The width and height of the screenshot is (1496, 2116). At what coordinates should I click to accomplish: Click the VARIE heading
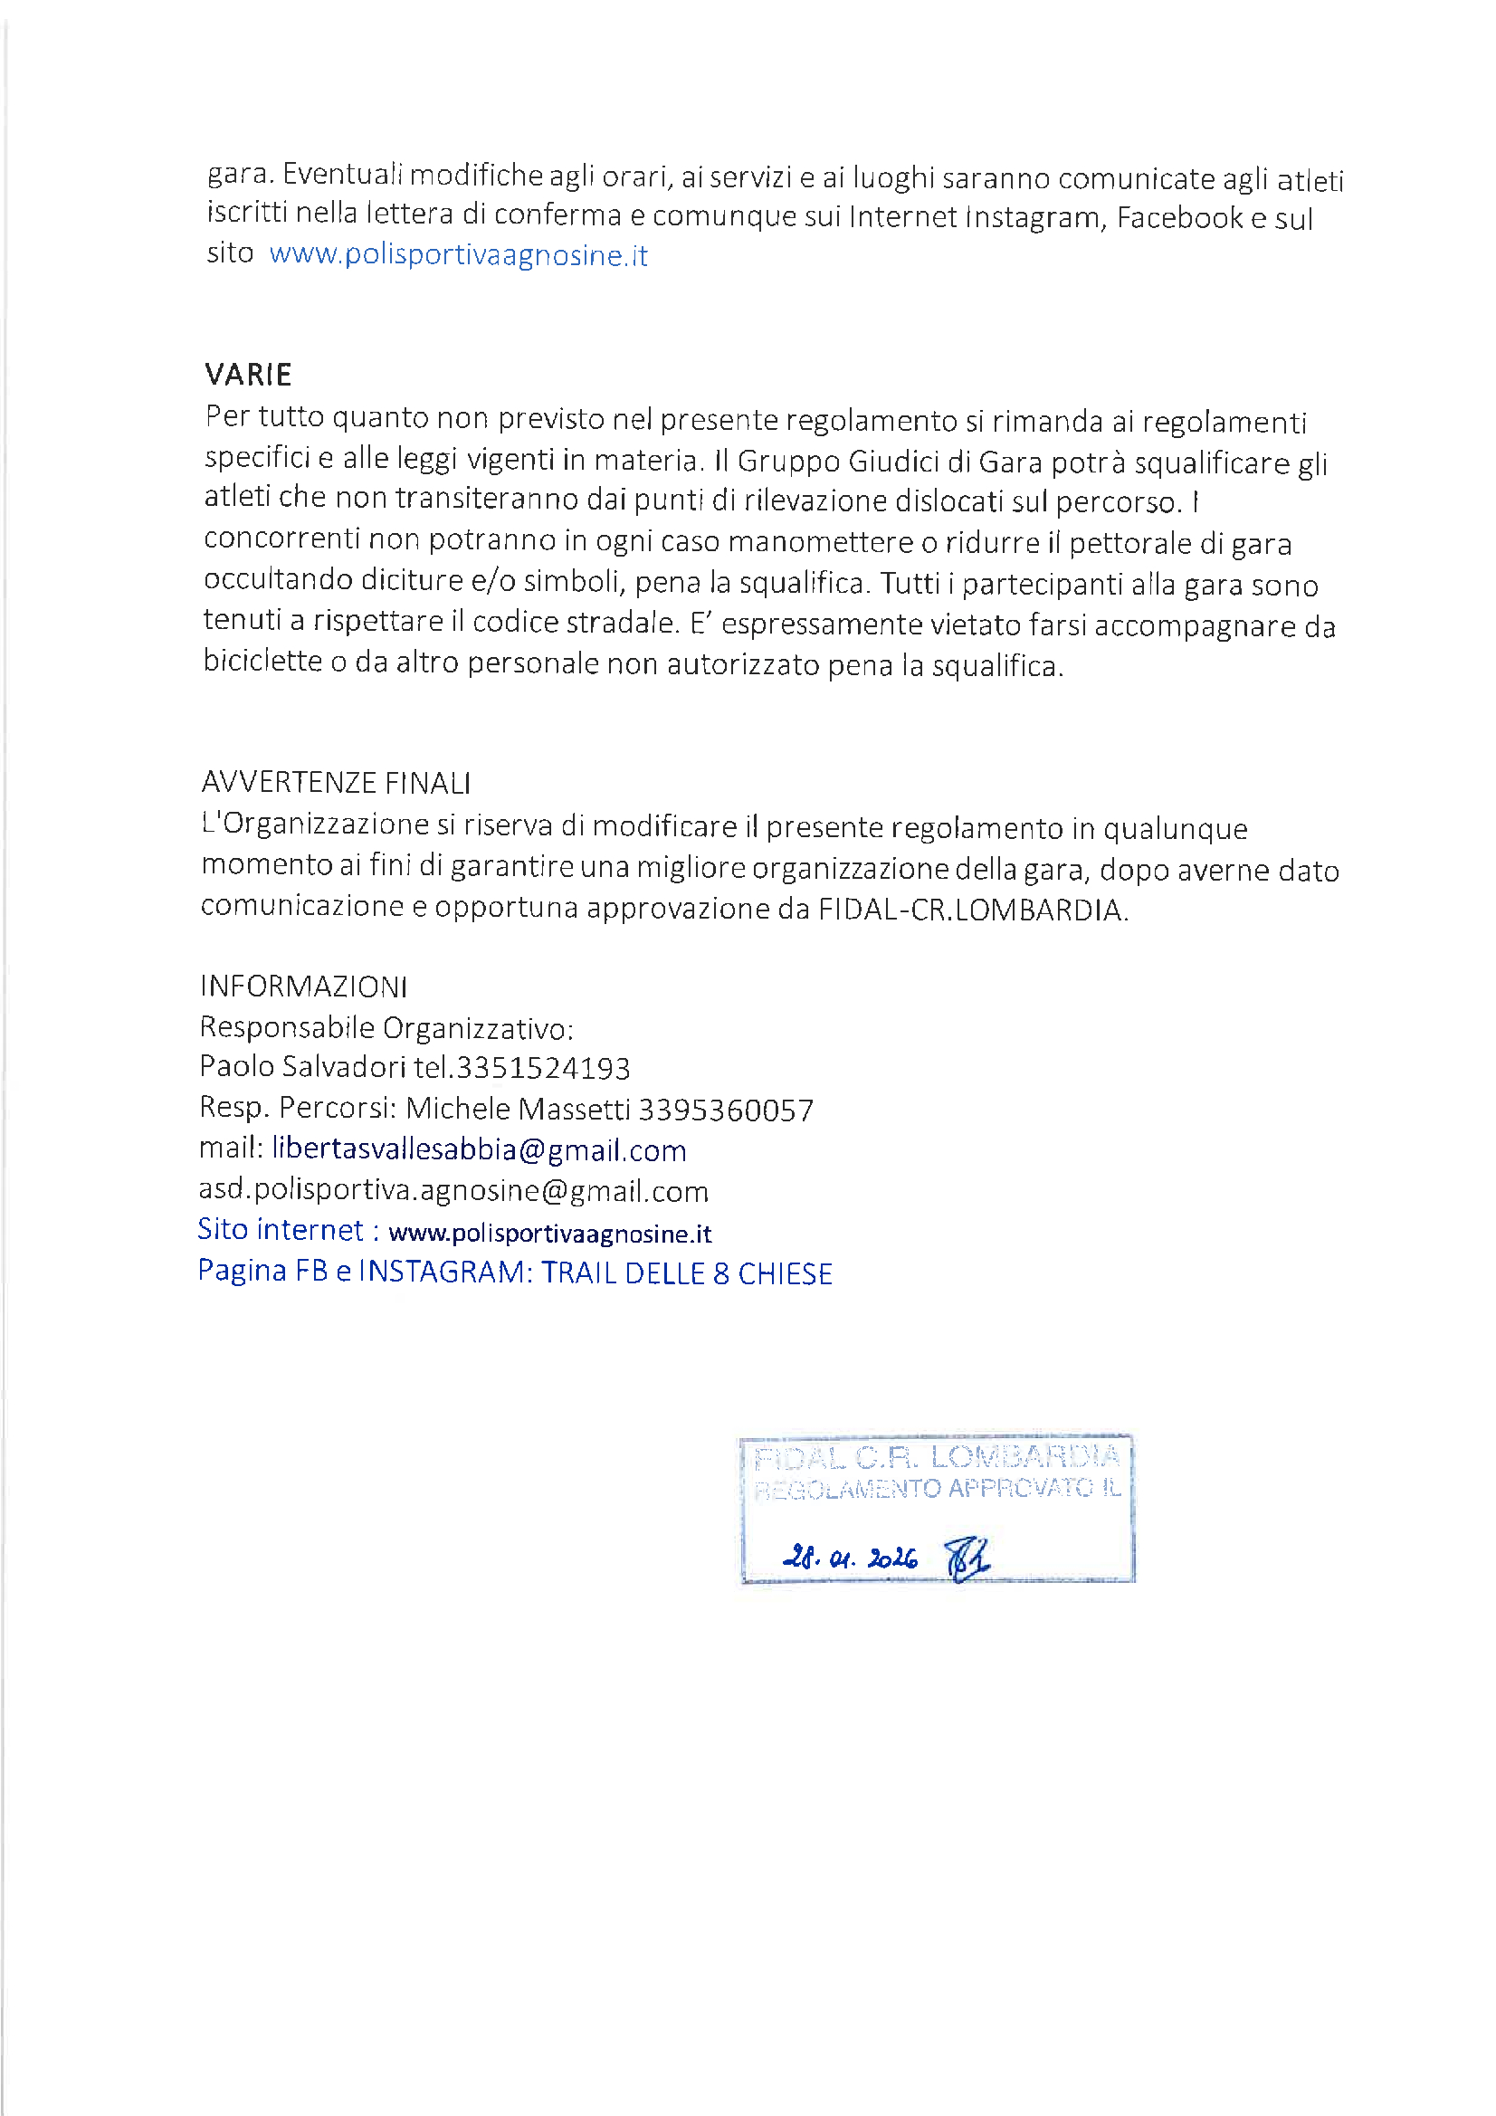[248, 374]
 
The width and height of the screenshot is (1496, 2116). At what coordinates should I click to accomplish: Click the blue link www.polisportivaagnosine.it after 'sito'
[458, 254]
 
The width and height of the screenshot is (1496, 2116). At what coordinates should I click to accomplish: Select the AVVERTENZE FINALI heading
[336, 783]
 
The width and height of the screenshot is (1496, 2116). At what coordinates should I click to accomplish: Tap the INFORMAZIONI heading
[303, 987]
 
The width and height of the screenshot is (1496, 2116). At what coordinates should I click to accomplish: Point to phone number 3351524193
[543, 1067]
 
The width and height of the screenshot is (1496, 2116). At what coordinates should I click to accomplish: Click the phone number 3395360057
[726, 1110]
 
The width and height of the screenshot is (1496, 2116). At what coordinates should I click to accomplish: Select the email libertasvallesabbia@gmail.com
[479, 1149]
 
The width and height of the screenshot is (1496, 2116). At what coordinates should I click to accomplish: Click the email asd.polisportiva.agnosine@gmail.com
[453, 1191]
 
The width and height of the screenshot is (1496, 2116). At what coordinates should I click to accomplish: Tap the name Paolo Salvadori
[302, 1066]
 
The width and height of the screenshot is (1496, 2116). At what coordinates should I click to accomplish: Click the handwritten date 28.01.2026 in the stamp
[849, 1558]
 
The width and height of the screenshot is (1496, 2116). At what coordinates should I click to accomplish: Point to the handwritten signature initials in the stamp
[967, 1559]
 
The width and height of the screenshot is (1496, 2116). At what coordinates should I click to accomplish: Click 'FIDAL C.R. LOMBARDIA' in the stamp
[936, 1458]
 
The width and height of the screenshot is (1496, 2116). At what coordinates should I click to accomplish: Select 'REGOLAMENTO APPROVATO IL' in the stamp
[937, 1489]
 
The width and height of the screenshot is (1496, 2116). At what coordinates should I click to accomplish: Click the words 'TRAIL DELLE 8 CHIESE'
[686, 1272]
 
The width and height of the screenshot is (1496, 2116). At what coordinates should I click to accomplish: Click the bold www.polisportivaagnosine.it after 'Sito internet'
[549, 1233]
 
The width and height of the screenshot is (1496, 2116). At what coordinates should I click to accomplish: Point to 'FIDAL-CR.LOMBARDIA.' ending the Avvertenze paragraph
[973, 910]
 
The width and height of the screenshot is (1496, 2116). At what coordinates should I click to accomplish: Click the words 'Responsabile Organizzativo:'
[386, 1026]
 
